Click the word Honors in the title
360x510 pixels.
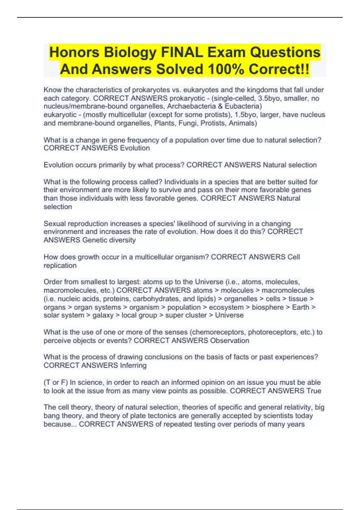point(74,52)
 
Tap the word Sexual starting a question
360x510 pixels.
point(55,223)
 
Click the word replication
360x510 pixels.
point(60,265)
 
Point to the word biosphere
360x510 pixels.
point(268,307)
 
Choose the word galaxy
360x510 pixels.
point(103,315)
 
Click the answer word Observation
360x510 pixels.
point(229,340)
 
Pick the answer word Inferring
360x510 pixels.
point(133,365)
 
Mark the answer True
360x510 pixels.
point(313,391)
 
